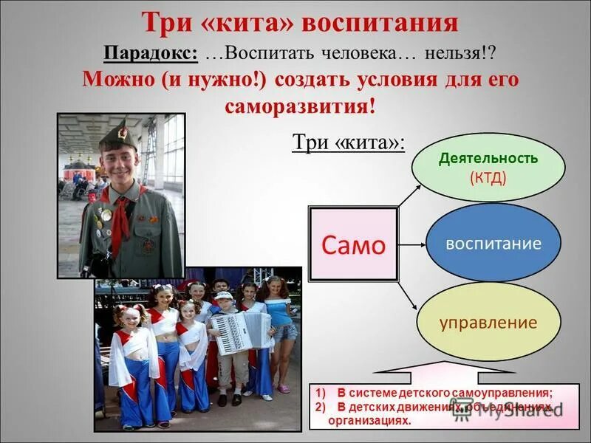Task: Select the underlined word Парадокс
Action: pos(150,54)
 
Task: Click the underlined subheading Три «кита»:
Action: pos(349,142)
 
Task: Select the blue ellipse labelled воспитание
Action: pos(493,244)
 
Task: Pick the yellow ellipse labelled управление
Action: pos(488,323)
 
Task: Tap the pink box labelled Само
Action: pos(353,244)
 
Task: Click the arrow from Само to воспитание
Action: pos(412,244)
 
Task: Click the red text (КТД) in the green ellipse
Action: pos(488,177)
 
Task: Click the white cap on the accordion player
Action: pos(224,295)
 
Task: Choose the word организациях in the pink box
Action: pos(369,419)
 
